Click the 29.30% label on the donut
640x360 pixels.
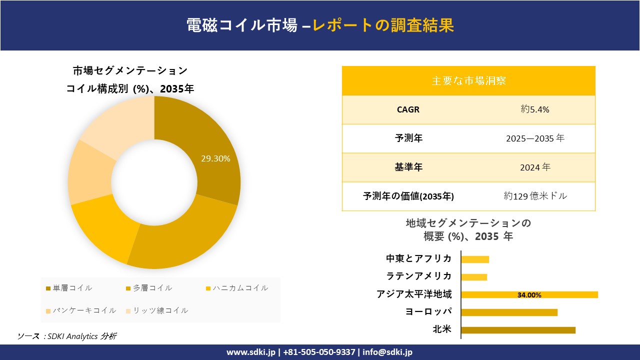click(215, 159)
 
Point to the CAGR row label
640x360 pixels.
click(408, 109)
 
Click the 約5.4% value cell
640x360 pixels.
click(535, 109)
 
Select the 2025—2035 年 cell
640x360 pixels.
click(535, 138)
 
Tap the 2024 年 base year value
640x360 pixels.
click(535, 167)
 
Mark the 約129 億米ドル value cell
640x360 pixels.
click(535, 196)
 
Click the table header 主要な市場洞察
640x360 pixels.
click(468, 80)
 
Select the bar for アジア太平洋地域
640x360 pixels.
click(529, 294)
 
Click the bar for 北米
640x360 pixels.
click(518, 330)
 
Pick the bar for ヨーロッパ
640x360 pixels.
click(509, 312)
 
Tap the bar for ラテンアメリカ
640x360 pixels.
click(474, 277)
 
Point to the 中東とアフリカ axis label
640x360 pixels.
click(418, 258)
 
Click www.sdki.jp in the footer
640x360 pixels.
click(251, 352)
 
